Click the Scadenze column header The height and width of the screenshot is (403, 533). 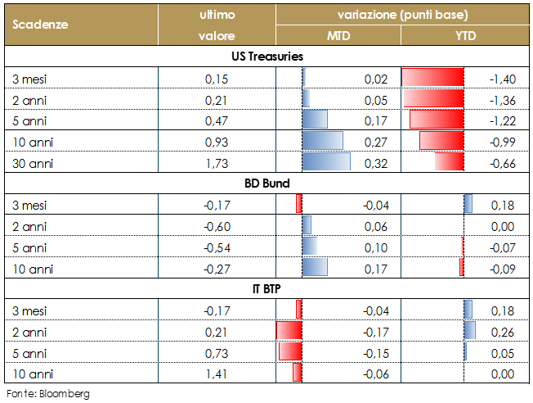coord(40,25)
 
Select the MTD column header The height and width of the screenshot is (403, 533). coord(338,35)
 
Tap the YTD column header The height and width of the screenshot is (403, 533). coord(465,35)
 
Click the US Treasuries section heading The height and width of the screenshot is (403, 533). coord(266,57)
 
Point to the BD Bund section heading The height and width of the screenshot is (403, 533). coord(266,183)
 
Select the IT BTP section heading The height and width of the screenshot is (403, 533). coord(266,289)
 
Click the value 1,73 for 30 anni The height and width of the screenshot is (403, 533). coord(217,163)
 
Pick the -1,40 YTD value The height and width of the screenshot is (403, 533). coord(500,79)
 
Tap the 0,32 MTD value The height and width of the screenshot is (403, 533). coord(376,163)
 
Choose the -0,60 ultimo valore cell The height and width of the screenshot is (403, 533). coord(217,226)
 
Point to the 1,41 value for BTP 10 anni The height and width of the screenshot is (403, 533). coord(217,374)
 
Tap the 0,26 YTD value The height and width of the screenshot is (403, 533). coord(502,332)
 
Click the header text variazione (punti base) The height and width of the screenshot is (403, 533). coord(403,15)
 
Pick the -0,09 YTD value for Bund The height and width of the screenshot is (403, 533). coord(500,269)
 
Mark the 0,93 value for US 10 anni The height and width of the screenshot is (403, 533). coord(217,142)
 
